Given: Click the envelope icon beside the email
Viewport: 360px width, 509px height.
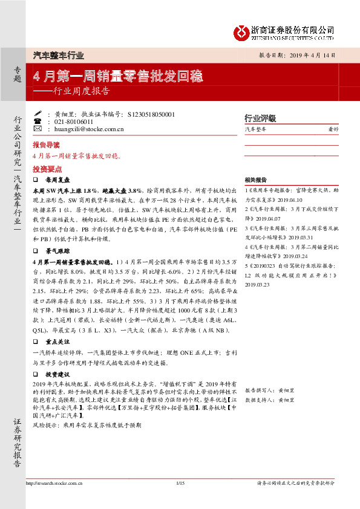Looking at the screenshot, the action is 38,129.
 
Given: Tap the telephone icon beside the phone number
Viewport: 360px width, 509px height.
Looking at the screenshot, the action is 38,122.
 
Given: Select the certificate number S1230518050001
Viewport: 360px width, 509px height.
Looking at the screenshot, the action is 152,114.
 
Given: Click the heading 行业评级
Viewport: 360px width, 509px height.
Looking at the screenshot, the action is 260,117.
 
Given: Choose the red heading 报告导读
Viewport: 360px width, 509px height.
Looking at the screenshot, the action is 46,145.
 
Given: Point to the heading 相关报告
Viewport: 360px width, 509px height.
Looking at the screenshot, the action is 256,180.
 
